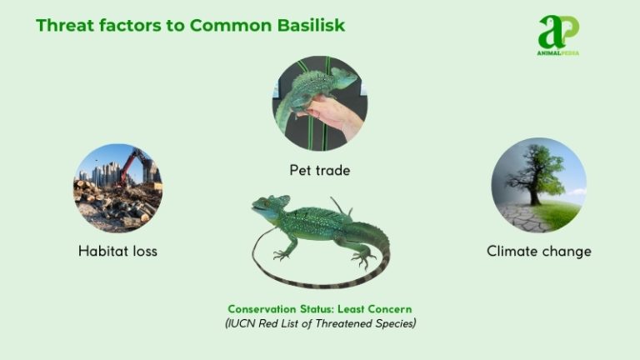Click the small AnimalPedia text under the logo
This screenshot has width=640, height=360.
pyautogui.click(x=558, y=52)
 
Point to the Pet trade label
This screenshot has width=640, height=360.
pyautogui.click(x=320, y=170)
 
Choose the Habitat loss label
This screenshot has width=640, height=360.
pyautogui.click(x=117, y=250)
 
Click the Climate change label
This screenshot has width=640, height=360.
pyautogui.click(x=539, y=250)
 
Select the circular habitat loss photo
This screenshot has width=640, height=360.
pyautogui.click(x=117, y=188)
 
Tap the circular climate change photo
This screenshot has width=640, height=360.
pyautogui.click(x=538, y=185)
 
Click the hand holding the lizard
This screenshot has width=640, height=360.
pyautogui.click(x=337, y=113)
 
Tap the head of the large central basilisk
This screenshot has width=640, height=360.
pyautogui.click(x=269, y=206)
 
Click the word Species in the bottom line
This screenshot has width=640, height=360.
pyautogui.click(x=392, y=323)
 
